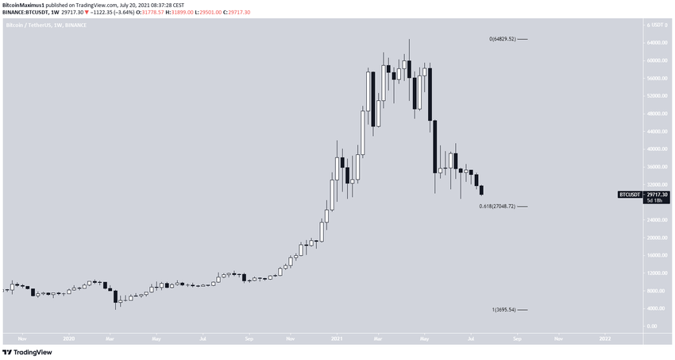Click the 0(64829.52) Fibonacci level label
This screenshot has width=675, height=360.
click(x=503, y=39)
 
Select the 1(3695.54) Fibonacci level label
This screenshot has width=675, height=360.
click(x=504, y=310)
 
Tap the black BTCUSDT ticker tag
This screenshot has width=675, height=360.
click(x=630, y=194)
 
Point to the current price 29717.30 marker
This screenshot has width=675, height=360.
click(x=657, y=193)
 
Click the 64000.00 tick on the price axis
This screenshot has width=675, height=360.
click(x=656, y=43)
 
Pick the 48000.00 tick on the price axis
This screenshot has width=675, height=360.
click(x=656, y=114)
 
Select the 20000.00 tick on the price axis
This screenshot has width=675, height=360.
click(x=656, y=238)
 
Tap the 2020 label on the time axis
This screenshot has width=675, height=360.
click(x=70, y=338)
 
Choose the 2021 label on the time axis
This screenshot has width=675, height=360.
click(x=336, y=338)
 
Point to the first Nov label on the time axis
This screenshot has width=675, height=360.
click(x=21, y=338)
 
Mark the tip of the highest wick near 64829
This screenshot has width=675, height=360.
click(x=409, y=40)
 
